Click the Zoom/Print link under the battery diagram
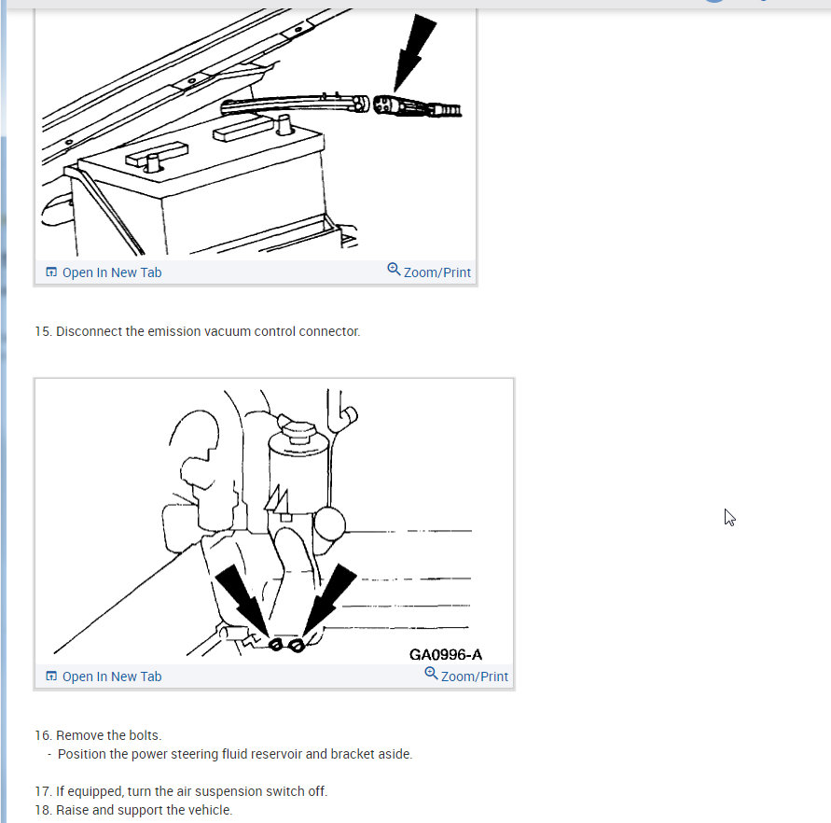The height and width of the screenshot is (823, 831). [x=429, y=272]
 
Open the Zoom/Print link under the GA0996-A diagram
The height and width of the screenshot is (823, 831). [x=466, y=676]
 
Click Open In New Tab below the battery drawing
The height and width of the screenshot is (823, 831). [x=104, y=272]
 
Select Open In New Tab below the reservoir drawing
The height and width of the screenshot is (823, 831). [x=104, y=677]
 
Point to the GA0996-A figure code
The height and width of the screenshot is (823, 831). [x=446, y=654]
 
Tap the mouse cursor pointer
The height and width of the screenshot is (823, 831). [x=729, y=518]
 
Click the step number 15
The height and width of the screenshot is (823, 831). [x=43, y=331]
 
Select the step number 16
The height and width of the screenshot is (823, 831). [x=43, y=735]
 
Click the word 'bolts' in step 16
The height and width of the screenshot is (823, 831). [x=145, y=735]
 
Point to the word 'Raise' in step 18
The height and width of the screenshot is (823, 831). [x=72, y=810]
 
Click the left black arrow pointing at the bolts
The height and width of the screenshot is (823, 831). [x=242, y=600]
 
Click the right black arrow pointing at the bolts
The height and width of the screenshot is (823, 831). [x=329, y=599]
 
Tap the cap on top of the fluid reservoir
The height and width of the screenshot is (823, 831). [x=297, y=426]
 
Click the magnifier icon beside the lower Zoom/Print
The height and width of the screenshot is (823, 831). [x=432, y=674]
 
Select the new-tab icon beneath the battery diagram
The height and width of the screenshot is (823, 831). [x=51, y=272]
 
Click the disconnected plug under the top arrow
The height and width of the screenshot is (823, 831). [x=417, y=106]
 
